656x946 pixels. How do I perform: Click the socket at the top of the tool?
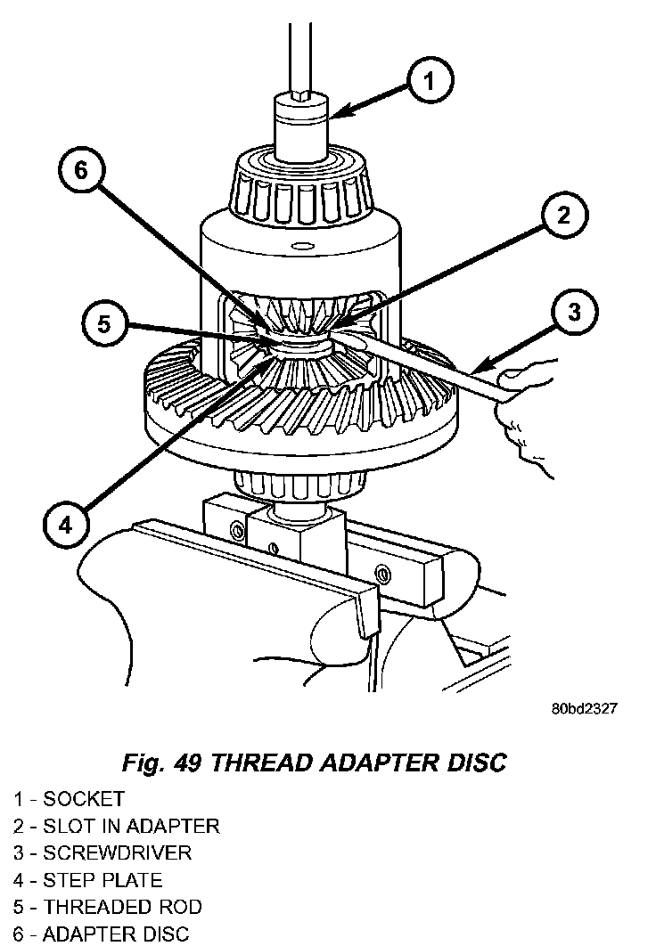click(x=300, y=125)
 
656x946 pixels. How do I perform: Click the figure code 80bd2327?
click(x=584, y=709)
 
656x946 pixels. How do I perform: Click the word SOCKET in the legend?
click(x=84, y=798)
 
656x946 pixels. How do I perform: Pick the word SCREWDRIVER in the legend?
click(x=117, y=852)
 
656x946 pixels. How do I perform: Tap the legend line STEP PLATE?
click(x=87, y=880)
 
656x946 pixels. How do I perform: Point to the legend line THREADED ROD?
click(x=107, y=907)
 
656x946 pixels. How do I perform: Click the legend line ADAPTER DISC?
click(x=101, y=934)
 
